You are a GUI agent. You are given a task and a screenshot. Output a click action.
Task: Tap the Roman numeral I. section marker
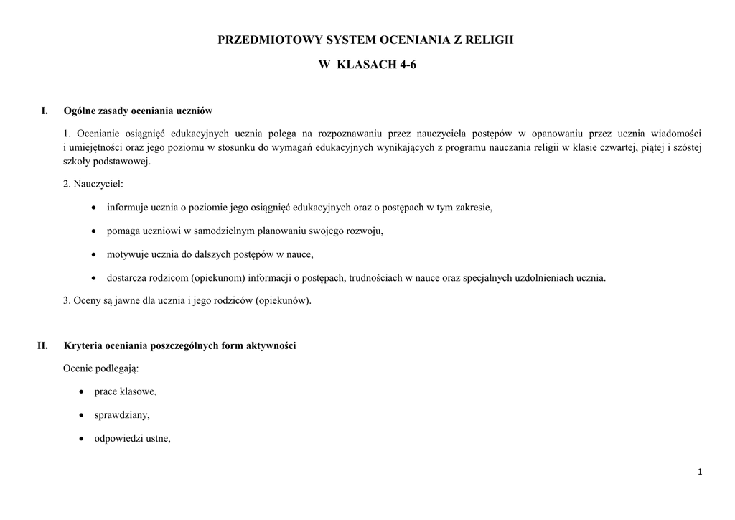point(45,111)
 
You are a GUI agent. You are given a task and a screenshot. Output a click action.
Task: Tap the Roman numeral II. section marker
point(42,345)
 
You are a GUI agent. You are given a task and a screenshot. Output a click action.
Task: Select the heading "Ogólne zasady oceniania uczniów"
point(138,111)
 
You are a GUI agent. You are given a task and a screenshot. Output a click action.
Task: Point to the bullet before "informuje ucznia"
point(95,208)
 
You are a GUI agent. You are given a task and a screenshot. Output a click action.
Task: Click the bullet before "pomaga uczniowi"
point(95,231)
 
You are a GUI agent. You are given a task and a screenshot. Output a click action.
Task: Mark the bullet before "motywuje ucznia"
point(95,254)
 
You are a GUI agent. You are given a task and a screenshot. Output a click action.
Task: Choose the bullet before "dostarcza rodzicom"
point(95,278)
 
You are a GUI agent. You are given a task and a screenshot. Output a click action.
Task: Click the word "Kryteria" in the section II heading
point(83,345)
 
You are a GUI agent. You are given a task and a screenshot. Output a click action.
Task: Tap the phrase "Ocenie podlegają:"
point(101,368)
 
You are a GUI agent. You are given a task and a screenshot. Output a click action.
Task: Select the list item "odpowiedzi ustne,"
point(133,438)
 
